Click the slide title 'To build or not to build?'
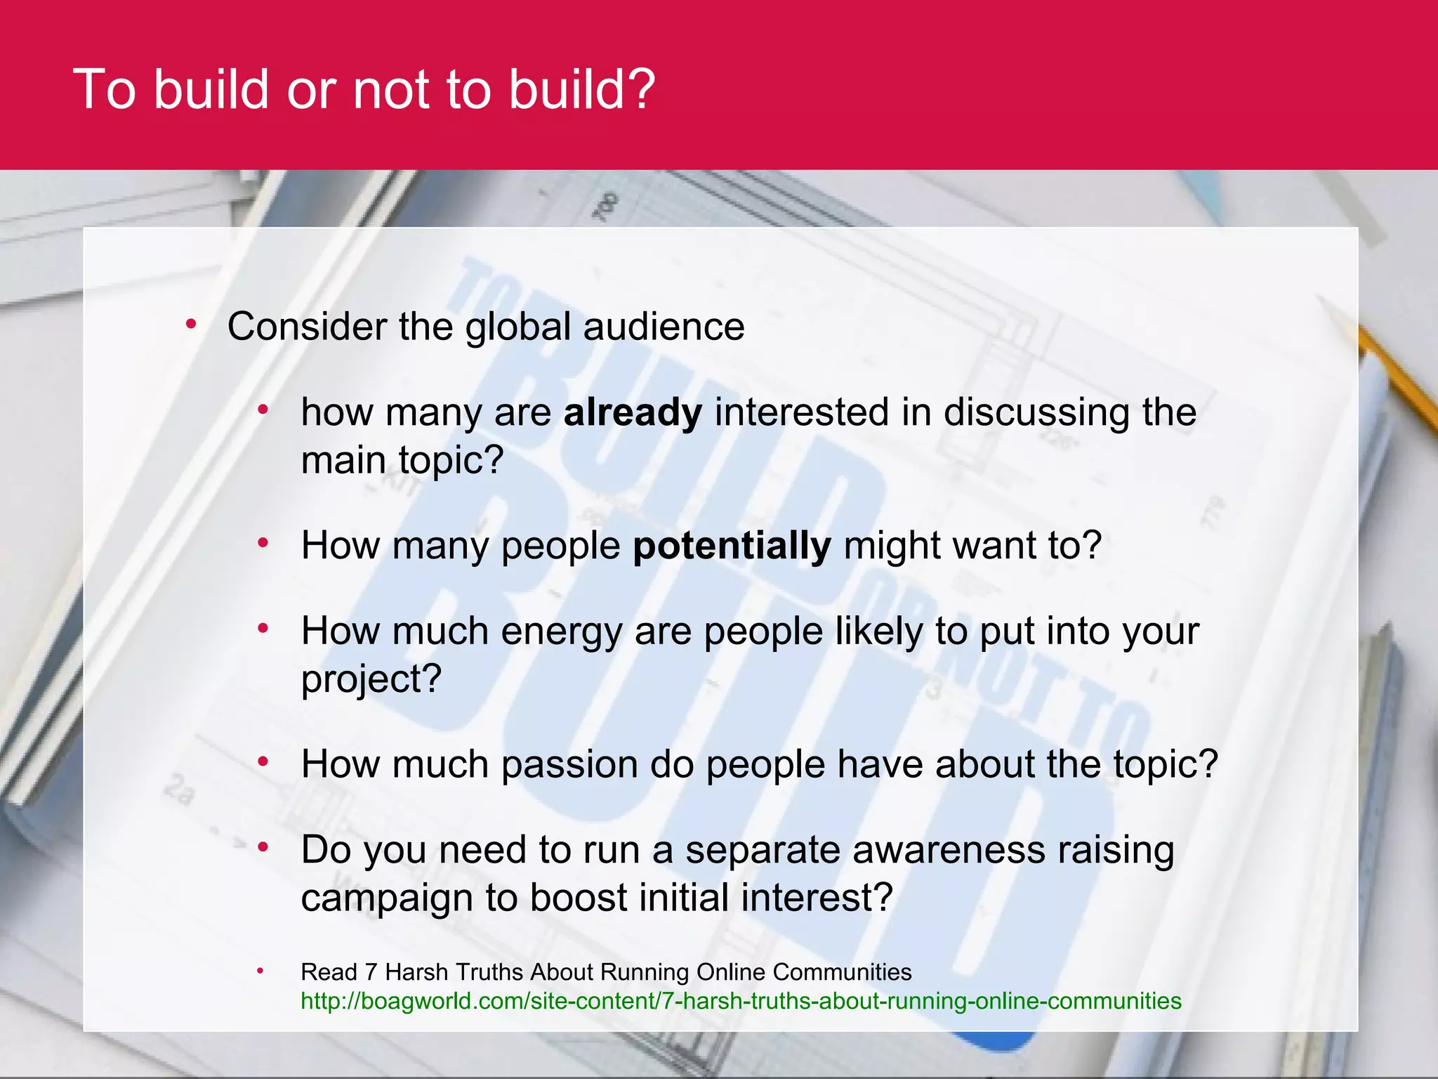point(364,89)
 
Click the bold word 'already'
point(632,412)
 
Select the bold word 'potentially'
point(732,545)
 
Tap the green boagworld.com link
point(741,1000)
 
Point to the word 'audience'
point(664,327)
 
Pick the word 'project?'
point(371,679)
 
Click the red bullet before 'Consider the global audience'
point(190,325)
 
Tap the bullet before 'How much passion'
point(263,761)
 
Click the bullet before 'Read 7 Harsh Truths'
point(260,971)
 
